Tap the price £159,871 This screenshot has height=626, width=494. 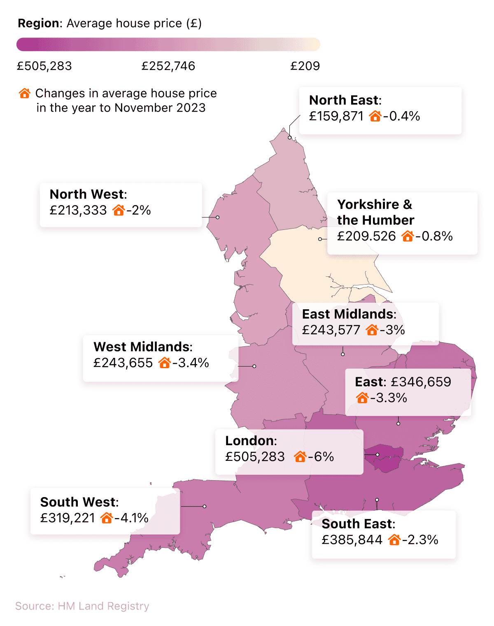(336, 116)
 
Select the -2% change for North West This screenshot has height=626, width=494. (139, 210)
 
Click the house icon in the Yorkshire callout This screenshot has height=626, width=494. (408, 236)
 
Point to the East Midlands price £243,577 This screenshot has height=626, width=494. (331, 330)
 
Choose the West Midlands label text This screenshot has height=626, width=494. (142, 347)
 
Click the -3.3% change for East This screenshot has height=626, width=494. (389, 398)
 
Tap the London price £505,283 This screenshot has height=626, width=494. (255, 457)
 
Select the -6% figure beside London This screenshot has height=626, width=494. (321, 457)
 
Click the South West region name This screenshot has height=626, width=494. (79, 502)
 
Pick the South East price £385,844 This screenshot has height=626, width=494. (352, 540)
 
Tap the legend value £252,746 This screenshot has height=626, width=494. (168, 66)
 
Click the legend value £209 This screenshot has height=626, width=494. (305, 66)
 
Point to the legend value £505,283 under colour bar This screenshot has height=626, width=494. (44, 66)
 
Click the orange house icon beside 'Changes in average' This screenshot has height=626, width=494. (25, 93)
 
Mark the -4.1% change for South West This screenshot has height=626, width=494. (132, 518)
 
